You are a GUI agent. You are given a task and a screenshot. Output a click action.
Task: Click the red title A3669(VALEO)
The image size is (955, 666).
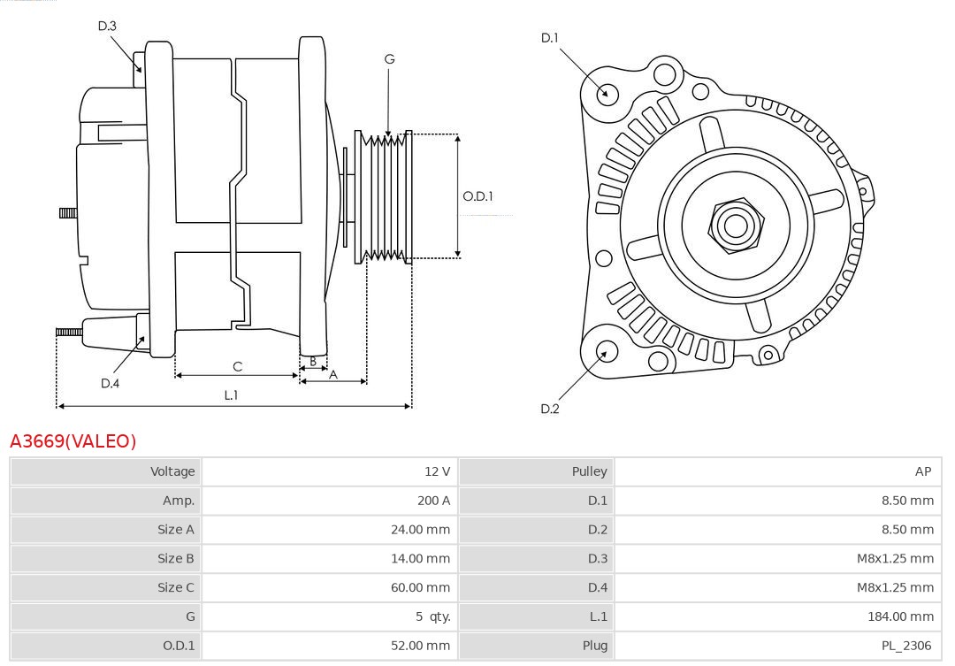pos(73,441)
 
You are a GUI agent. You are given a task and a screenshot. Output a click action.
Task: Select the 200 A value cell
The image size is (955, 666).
pos(433,501)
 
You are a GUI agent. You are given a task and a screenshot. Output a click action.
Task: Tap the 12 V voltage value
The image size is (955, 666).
pos(437,471)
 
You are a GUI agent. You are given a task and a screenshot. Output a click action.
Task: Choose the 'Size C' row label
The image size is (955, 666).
pos(175,587)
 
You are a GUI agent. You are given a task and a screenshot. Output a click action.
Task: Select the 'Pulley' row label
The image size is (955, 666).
pos(589,471)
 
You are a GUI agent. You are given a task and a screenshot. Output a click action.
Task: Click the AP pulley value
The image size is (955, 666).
pos(922,471)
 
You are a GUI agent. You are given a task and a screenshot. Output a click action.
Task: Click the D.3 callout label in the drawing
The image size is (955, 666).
pos(107,26)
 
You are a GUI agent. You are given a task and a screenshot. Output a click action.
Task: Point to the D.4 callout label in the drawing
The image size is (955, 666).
pos(110,383)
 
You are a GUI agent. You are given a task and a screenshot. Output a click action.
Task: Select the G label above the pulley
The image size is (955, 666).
pos(389,59)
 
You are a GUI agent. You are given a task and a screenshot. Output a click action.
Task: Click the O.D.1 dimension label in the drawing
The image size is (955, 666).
pos(477,196)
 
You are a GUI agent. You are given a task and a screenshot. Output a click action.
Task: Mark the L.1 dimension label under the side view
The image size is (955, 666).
pos(231,395)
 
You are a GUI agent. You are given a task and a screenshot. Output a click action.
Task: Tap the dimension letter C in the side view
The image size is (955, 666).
pos(237,366)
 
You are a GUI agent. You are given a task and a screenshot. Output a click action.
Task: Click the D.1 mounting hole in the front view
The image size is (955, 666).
pos(607,92)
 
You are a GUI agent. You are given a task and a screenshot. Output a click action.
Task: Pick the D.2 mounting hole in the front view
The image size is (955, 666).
pos(606,351)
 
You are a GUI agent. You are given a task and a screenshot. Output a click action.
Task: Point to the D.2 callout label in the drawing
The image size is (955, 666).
pos(550,409)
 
